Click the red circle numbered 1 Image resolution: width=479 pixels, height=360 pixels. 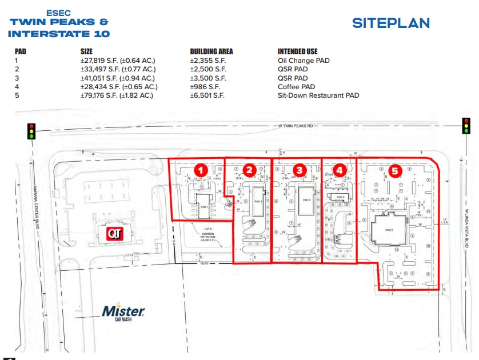(200, 170)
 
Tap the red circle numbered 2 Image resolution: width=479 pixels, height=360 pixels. (249, 170)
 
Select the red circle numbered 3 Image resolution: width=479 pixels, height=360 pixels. (299, 170)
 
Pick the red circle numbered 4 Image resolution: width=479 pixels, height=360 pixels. (340, 170)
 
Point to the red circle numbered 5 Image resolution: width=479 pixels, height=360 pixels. (394, 170)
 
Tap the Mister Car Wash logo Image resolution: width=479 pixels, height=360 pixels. (123, 313)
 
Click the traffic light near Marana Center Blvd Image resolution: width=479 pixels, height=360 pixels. (31, 131)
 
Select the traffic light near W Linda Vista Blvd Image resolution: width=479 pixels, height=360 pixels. (466, 125)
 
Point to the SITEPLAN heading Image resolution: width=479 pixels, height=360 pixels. (391, 23)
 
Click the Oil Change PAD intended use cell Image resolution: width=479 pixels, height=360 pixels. (304, 61)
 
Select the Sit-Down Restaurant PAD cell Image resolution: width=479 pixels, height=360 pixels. (318, 95)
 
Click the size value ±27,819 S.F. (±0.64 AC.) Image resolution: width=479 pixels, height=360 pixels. (118, 61)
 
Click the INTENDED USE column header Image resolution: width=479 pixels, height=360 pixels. (298, 51)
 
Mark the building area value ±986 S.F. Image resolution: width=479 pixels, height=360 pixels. (205, 87)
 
